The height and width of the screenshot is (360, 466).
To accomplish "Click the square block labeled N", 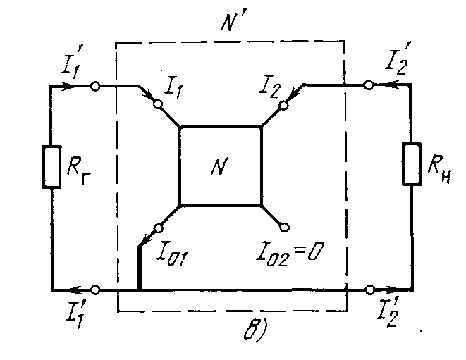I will (x=221, y=166).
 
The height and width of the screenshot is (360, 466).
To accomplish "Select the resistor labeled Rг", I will (x=51, y=166).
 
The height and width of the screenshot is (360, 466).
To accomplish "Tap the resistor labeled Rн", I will (x=411, y=163).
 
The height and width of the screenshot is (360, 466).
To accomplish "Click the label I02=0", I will (x=290, y=250).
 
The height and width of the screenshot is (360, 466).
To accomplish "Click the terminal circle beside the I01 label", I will (x=159, y=227).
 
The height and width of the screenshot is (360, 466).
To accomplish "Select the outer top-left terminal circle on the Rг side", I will (x=95, y=86).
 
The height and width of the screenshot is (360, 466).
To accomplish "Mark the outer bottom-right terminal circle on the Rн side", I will (x=369, y=289).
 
